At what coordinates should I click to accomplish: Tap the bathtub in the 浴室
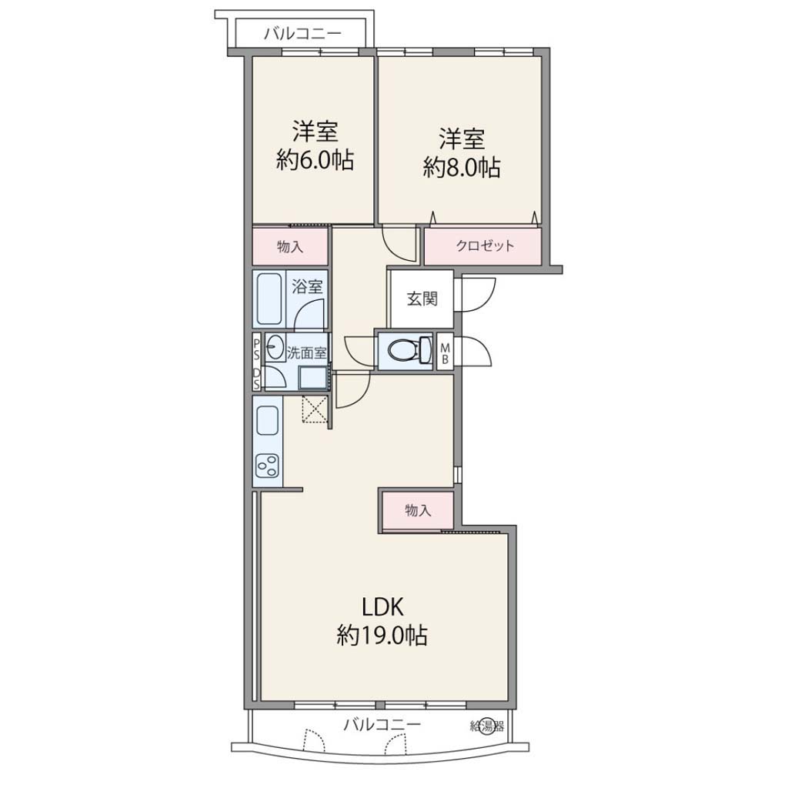[269, 299]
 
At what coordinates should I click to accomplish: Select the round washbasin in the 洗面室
[275, 347]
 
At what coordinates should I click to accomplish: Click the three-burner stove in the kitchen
[267, 466]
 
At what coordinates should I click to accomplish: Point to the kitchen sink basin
[267, 420]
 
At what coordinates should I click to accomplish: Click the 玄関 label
[422, 299]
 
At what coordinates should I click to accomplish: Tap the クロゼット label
[485, 245]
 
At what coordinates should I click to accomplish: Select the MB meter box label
[444, 352]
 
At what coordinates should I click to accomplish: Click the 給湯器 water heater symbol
[486, 726]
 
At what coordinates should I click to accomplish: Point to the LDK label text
[383, 608]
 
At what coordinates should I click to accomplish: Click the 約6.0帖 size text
[315, 161]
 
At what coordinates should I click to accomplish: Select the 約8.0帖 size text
[462, 168]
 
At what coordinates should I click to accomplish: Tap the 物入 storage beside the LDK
[418, 511]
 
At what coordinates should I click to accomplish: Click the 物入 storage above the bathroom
[290, 246]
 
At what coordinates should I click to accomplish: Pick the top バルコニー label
[303, 34]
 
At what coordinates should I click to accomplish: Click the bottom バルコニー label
[382, 725]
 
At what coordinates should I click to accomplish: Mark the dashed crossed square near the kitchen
[315, 409]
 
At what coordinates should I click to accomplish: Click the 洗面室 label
[306, 352]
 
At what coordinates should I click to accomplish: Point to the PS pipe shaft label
[256, 349]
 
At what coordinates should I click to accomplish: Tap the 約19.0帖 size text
[382, 636]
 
